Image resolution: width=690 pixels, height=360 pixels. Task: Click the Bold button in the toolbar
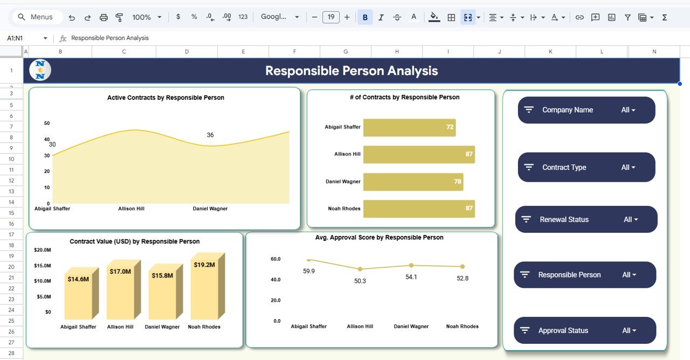click(365, 17)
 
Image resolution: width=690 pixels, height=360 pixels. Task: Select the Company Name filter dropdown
click(586, 110)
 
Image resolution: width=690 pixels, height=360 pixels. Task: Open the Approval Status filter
click(585, 330)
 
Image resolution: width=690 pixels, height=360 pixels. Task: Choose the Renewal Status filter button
click(586, 219)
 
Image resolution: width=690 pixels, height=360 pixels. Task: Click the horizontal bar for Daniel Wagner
click(413, 182)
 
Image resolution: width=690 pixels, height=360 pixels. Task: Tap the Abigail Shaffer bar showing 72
click(409, 128)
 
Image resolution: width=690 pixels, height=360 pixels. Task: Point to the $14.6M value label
click(78, 279)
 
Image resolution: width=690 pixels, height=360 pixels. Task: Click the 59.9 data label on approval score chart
click(309, 271)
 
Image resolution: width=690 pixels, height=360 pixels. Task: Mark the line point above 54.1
click(411, 265)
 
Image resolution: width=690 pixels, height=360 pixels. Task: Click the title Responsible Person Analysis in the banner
click(351, 71)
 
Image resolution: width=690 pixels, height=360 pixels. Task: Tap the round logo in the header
click(40, 70)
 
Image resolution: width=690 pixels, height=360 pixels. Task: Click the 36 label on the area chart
click(210, 135)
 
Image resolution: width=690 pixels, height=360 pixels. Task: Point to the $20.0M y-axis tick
click(43, 250)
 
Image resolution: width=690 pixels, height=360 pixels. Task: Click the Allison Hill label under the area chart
click(131, 209)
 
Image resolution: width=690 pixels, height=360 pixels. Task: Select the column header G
click(346, 52)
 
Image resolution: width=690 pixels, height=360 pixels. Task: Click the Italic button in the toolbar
click(381, 17)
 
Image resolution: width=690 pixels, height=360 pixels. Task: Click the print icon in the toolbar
click(103, 17)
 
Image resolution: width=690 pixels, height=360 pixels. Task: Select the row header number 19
click(11, 256)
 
